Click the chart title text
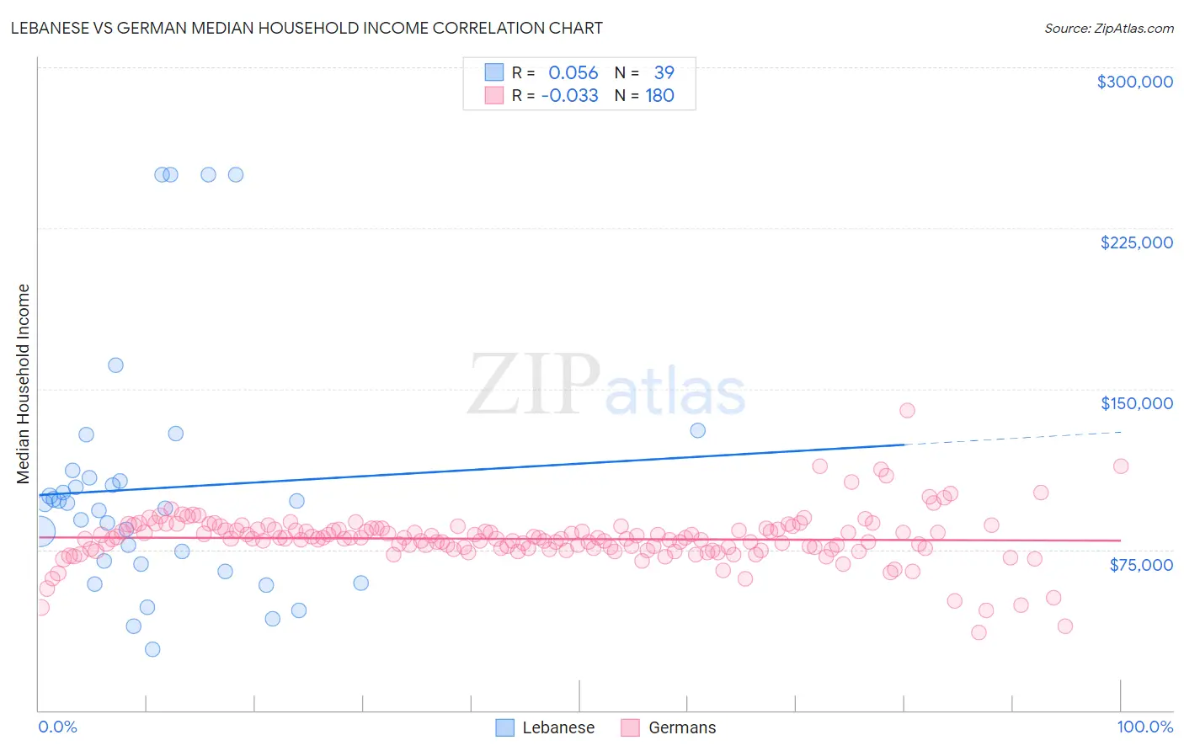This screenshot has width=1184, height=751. [307, 28]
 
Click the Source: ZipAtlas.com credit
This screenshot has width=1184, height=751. [1108, 28]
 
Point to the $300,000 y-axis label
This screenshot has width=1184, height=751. [1134, 82]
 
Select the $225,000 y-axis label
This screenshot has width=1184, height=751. [1136, 242]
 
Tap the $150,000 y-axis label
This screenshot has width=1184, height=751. [1136, 403]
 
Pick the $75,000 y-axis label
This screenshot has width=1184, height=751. [1140, 565]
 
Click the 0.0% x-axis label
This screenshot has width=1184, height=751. [57, 727]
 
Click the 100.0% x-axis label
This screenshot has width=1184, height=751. [1144, 727]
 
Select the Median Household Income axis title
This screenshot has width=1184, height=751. [23, 384]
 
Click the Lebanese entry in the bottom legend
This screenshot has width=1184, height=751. [557, 727]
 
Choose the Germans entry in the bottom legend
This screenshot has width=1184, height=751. [681, 727]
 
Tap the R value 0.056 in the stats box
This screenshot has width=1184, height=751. [573, 73]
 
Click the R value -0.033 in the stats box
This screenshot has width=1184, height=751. [569, 96]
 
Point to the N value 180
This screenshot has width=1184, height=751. [659, 96]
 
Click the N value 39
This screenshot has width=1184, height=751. [664, 73]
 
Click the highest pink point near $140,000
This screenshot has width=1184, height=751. [907, 410]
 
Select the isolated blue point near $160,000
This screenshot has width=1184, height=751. [115, 365]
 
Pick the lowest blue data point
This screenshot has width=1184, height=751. [152, 649]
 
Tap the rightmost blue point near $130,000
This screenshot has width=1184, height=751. [697, 430]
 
